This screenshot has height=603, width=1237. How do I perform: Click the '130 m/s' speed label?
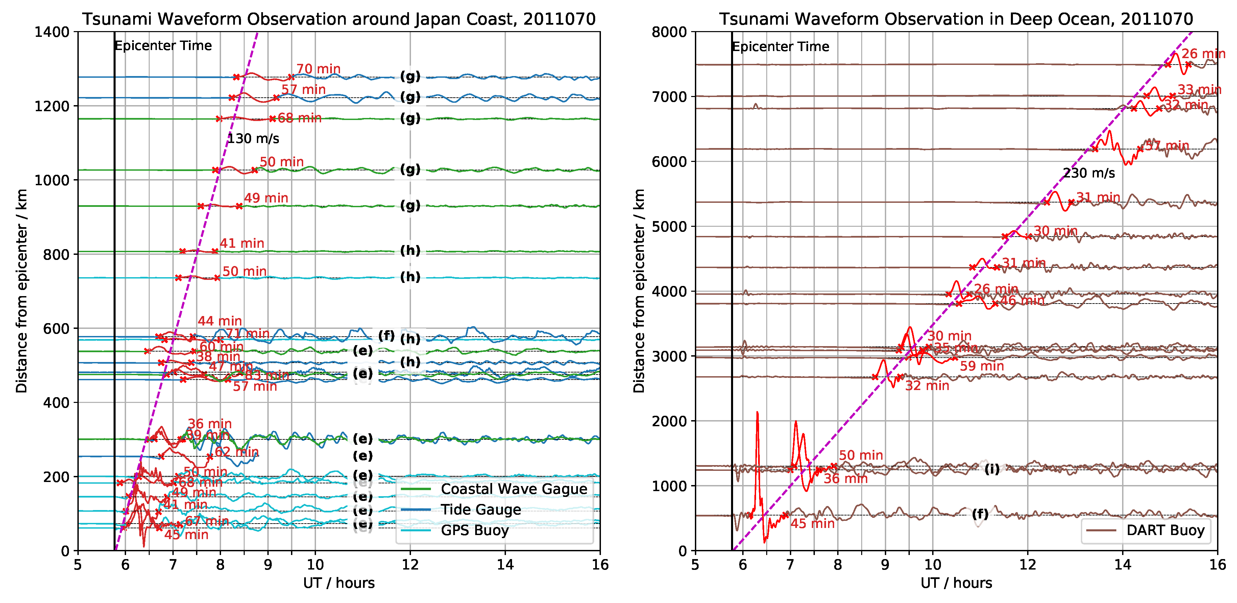[x=253, y=139]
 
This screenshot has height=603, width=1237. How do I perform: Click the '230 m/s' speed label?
[x=1089, y=173]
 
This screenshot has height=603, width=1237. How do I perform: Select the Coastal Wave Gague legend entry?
[x=514, y=489]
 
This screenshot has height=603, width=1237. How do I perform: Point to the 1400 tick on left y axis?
[x=52, y=32]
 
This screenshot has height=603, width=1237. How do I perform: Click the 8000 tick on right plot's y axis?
[x=669, y=32]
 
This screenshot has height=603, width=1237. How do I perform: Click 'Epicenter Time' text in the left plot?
[x=163, y=46]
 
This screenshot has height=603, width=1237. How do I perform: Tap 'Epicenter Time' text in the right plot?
[x=781, y=47]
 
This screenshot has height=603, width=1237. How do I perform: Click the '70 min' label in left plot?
[x=318, y=69]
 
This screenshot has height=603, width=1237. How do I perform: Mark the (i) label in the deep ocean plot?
[x=992, y=469]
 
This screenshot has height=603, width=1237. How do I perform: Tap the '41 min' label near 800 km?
[x=242, y=243]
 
